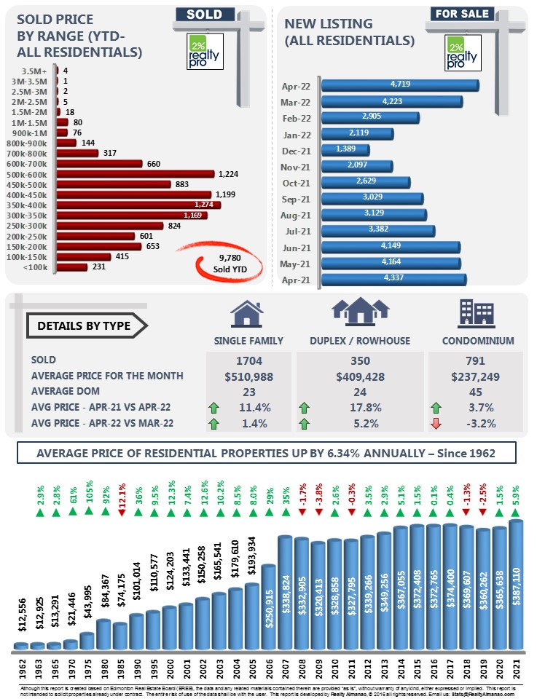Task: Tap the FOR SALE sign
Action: point(462,13)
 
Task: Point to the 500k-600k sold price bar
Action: point(136,174)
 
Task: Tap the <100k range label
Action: point(37,267)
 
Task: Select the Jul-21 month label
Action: point(297,232)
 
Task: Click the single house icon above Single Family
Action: point(247,313)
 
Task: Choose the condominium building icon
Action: point(477,312)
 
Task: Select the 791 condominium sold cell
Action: point(476,360)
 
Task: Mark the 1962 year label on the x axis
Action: point(22,666)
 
